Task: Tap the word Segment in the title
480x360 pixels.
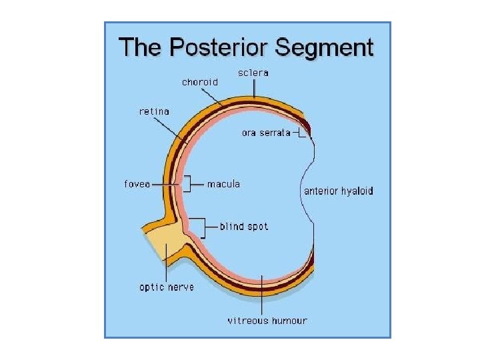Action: click(325, 48)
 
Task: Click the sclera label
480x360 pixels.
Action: click(253, 73)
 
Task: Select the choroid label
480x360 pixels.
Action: click(199, 83)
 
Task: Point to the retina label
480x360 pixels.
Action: click(154, 111)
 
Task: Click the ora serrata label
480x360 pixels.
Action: click(266, 133)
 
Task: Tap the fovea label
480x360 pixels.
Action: click(137, 184)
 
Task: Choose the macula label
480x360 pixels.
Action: click(223, 184)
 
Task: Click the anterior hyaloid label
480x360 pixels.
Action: click(339, 191)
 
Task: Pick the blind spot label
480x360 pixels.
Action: click(244, 227)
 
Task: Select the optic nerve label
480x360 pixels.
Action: click(167, 287)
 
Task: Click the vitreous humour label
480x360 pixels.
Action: click(267, 321)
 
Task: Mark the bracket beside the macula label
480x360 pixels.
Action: click(187, 183)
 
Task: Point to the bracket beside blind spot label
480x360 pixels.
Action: click(200, 227)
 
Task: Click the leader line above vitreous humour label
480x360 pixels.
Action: click(264, 293)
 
